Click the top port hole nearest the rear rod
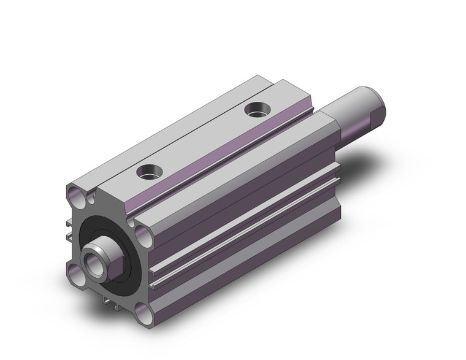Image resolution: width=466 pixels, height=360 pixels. [x=256, y=110]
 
